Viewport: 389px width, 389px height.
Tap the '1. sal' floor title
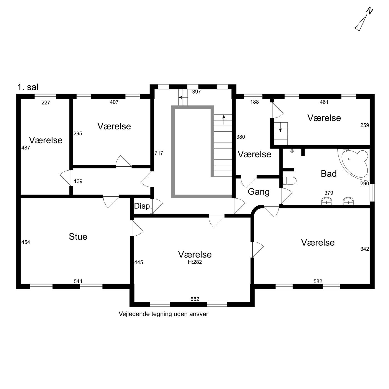pyautogui.click(x=28, y=87)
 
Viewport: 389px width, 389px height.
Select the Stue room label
pyautogui.click(x=78, y=236)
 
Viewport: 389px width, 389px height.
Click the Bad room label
pyautogui.click(x=329, y=174)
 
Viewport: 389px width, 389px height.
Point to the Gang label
pyautogui.click(x=259, y=192)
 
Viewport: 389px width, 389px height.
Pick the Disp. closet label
pyautogui.click(x=143, y=206)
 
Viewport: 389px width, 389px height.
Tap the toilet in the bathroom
pyautogui.click(x=289, y=181)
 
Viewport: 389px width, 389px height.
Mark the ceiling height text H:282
pyautogui.click(x=195, y=262)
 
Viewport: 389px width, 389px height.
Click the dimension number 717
pyautogui.click(x=159, y=153)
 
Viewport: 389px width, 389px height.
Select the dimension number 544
pyautogui.click(x=78, y=281)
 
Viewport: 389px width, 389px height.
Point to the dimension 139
pyautogui.click(x=78, y=181)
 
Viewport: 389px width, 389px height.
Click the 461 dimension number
pyautogui.click(x=324, y=102)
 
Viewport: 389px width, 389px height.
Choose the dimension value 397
pyautogui.click(x=196, y=92)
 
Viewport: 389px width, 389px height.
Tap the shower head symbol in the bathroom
pyautogui.click(x=291, y=151)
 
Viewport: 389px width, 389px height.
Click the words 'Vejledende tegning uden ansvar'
pyautogui.click(x=163, y=314)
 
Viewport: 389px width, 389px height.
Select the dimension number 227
pyautogui.click(x=46, y=103)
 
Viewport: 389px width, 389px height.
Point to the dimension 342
pyautogui.click(x=365, y=249)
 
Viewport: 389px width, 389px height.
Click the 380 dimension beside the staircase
pyautogui.click(x=241, y=137)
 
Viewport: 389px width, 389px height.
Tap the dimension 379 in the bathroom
pyautogui.click(x=329, y=193)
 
